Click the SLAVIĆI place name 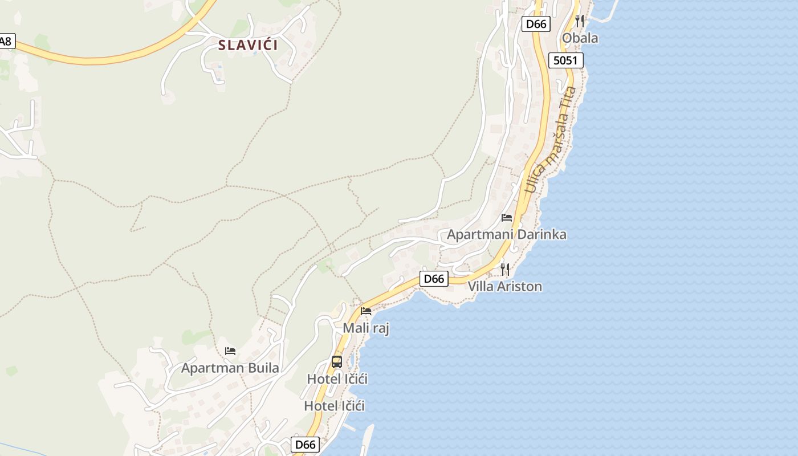point(248,45)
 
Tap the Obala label point(580,38)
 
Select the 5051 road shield point(566,60)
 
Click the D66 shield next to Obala point(536,24)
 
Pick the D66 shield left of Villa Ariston point(434,279)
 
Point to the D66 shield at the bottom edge point(306,445)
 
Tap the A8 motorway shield point(6,41)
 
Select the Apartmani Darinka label point(506,234)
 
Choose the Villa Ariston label point(504,286)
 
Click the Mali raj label point(366,328)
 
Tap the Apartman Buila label point(230,368)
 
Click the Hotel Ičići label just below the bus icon point(337,378)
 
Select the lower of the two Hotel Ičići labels point(334,406)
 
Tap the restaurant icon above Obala point(580,21)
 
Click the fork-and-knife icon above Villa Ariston point(504,269)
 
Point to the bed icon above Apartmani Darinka point(507,218)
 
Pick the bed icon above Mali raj point(366,311)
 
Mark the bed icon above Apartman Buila point(230,351)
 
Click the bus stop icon point(337,361)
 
